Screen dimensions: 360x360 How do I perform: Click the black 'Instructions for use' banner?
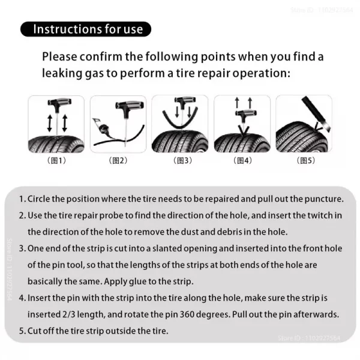[86, 29]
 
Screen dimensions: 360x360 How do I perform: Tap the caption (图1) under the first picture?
[56, 161]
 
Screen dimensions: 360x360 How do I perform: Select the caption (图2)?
[118, 161]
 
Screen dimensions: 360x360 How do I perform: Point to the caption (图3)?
[181, 161]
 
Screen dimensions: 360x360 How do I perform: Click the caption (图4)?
[242, 161]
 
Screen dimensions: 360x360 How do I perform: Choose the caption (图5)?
[304, 161]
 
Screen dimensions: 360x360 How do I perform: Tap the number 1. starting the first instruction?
[22, 199]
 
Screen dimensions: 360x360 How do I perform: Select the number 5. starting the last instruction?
[22, 329]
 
